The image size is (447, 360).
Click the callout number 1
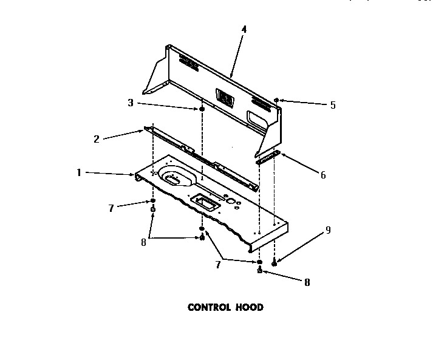[79, 173]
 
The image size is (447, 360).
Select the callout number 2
[97, 139]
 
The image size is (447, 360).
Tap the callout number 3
[130, 103]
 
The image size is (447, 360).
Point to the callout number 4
[244, 29]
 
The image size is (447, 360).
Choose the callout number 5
[332, 105]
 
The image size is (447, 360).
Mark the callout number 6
[323, 175]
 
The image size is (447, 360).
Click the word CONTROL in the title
[208, 307]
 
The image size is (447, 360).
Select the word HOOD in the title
[250, 307]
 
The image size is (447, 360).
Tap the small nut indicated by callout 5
[276, 99]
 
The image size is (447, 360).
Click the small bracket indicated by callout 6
[268, 159]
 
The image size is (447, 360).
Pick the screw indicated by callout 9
[275, 263]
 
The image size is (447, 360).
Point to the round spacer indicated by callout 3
[200, 109]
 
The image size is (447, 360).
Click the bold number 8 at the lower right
[307, 282]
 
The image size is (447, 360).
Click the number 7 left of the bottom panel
[111, 209]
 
